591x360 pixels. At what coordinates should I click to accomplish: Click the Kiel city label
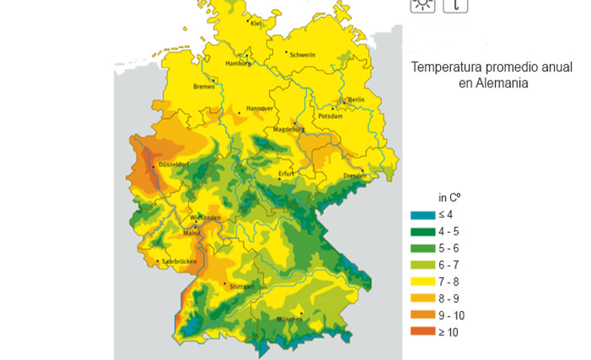point(255,24)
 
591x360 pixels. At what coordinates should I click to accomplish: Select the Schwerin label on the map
point(302,55)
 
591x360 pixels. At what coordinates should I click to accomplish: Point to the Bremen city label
point(203,86)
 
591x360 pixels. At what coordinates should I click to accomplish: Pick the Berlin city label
point(356,100)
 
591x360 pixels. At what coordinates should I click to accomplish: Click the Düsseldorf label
point(173,165)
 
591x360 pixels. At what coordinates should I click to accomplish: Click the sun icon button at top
point(422,4)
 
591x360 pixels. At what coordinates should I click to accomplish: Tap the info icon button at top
point(456,4)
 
